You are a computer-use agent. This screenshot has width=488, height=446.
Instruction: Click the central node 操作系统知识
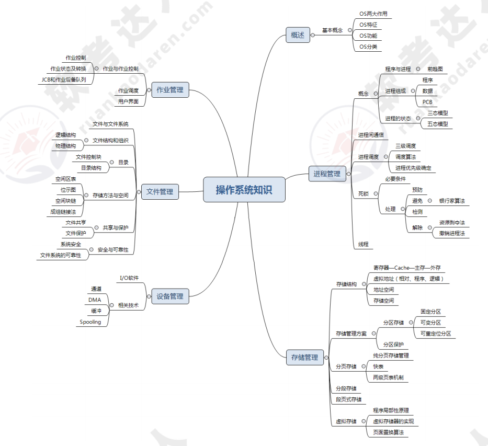(x=244, y=189)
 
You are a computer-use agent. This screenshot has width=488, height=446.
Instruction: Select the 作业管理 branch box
(x=170, y=90)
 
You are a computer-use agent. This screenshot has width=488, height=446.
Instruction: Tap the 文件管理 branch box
(x=160, y=192)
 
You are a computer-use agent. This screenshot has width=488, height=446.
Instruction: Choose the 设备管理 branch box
(x=170, y=296)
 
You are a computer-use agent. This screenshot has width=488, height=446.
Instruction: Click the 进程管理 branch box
(x=327, y=174)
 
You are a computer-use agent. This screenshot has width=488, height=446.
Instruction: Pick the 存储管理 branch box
(x=304, y=358)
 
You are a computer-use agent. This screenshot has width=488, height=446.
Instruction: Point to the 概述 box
(x=298, y=35)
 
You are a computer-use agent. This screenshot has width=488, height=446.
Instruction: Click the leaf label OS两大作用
(x=373, y=14)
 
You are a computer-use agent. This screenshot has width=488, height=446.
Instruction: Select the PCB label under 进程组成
(x=427, y=102)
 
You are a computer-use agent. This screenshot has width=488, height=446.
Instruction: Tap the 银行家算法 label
(x=452, y=201)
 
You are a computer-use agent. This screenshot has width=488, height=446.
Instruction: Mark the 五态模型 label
(x=438, y=124)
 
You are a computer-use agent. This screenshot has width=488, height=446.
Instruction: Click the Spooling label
(x=90, y=322)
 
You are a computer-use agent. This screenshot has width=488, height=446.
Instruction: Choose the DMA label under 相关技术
(x=95, y=300)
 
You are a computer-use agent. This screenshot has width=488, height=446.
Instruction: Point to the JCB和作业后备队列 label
(x=64, y=79)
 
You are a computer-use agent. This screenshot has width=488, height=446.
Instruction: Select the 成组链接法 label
(x=63, y=212)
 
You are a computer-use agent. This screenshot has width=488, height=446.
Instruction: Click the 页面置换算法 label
(x=389, y=432)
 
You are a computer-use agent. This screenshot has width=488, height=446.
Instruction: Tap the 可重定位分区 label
(x=436, y=334)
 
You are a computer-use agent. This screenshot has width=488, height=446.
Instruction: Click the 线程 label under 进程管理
(x=364, y=244)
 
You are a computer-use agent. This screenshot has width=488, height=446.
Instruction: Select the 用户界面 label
(x=128, y=101)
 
